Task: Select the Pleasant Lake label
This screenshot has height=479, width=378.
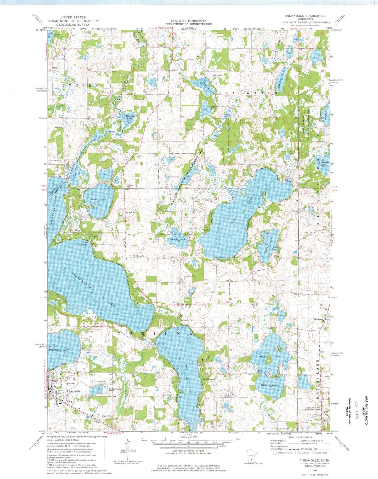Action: click(x=59, y=350)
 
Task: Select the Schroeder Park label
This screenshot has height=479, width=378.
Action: click(x=188, y=320)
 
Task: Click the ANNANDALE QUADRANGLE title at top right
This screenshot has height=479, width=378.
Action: click(x=308, y=16)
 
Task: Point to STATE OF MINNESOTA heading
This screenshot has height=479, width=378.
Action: click(x=188, y=20)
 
